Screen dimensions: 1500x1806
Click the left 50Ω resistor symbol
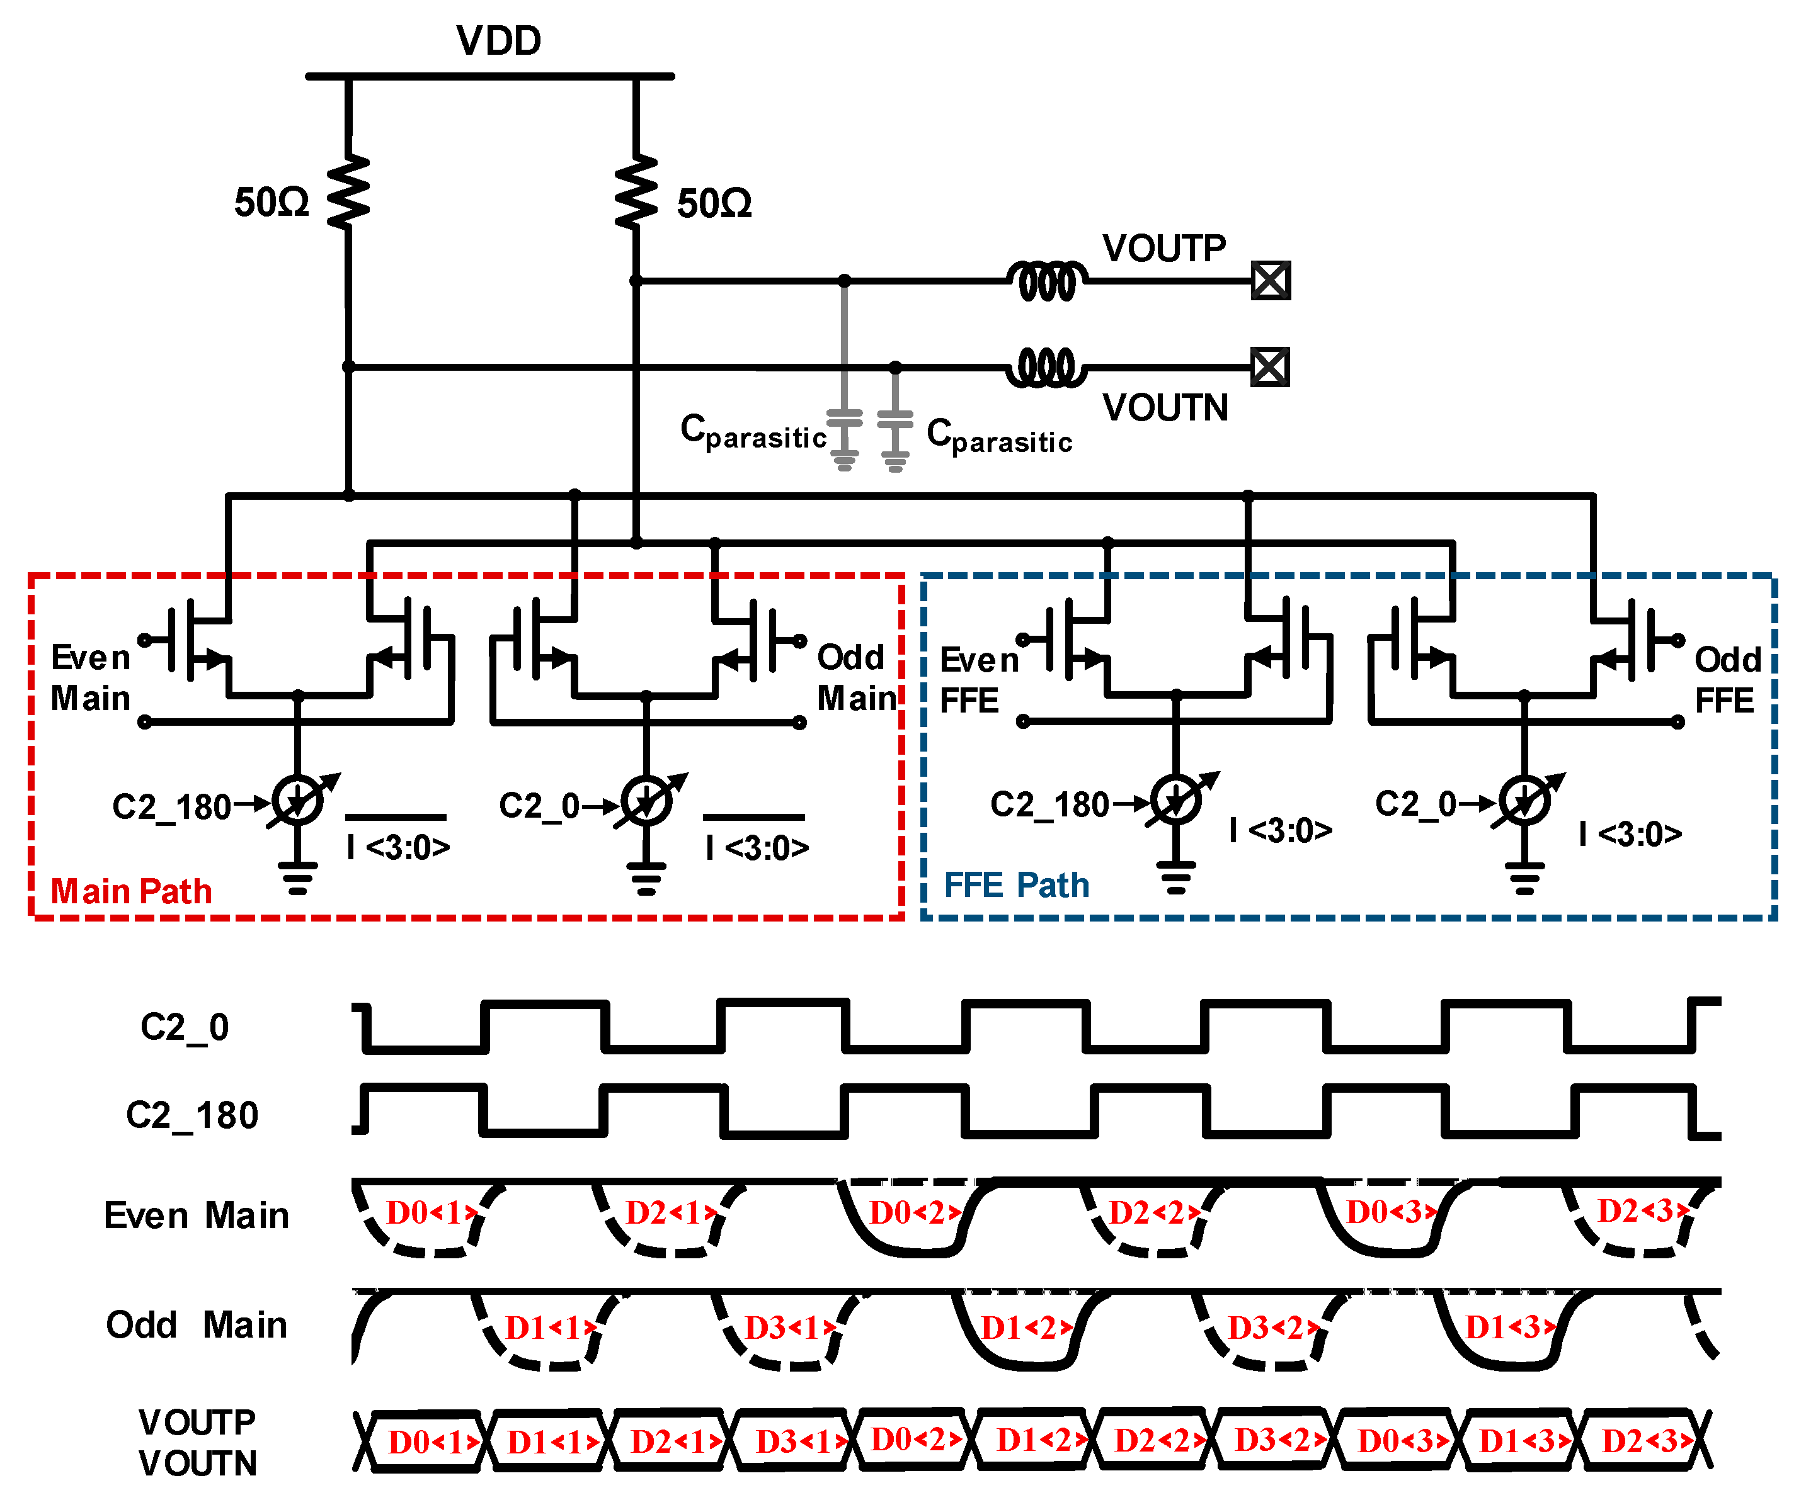348,193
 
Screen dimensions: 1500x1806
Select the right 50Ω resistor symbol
636,193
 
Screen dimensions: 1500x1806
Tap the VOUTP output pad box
1270,280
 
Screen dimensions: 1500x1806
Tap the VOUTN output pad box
1269,367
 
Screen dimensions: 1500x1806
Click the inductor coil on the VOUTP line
1046,280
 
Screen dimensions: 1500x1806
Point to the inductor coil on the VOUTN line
1046,368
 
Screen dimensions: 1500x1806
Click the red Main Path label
131,891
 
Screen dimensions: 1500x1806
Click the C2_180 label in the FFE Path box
1049,804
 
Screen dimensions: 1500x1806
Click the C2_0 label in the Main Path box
539,806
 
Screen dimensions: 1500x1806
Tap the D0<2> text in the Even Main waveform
913,1213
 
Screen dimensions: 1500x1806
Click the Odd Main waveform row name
196,1324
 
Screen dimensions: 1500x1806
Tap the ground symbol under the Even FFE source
1175,877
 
